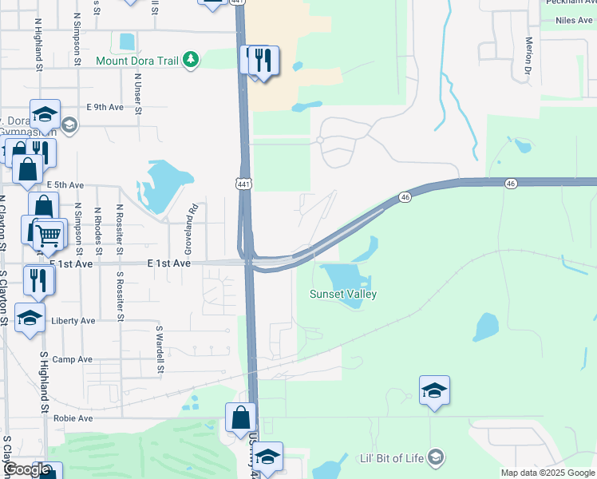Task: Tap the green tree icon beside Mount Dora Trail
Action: pyautogui.click(x=190, y=60)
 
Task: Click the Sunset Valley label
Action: pyautogui.click(x=343, y=295)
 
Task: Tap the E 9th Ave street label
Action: pyautogui.click(x=105, y=107)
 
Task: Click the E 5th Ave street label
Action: pyautogui.click(x=65, y=184)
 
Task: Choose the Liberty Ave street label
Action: pyautogui.click(x=73, y=321)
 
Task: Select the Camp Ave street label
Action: pyautogui.click(x=69, y=360)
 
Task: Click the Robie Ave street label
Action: pyautogui.click(x=73, y=418)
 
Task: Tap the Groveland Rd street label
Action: pyautogui.click(x=192, y=220)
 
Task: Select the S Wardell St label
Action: pyautogui.click(x=159, y=349)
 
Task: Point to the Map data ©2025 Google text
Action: pyautogui.click(x=547, y=473)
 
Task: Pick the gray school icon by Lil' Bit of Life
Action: pyautogui.click(x=436, y=457)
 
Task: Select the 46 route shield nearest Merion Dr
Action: pyautogui.click(x=510, y=184)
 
